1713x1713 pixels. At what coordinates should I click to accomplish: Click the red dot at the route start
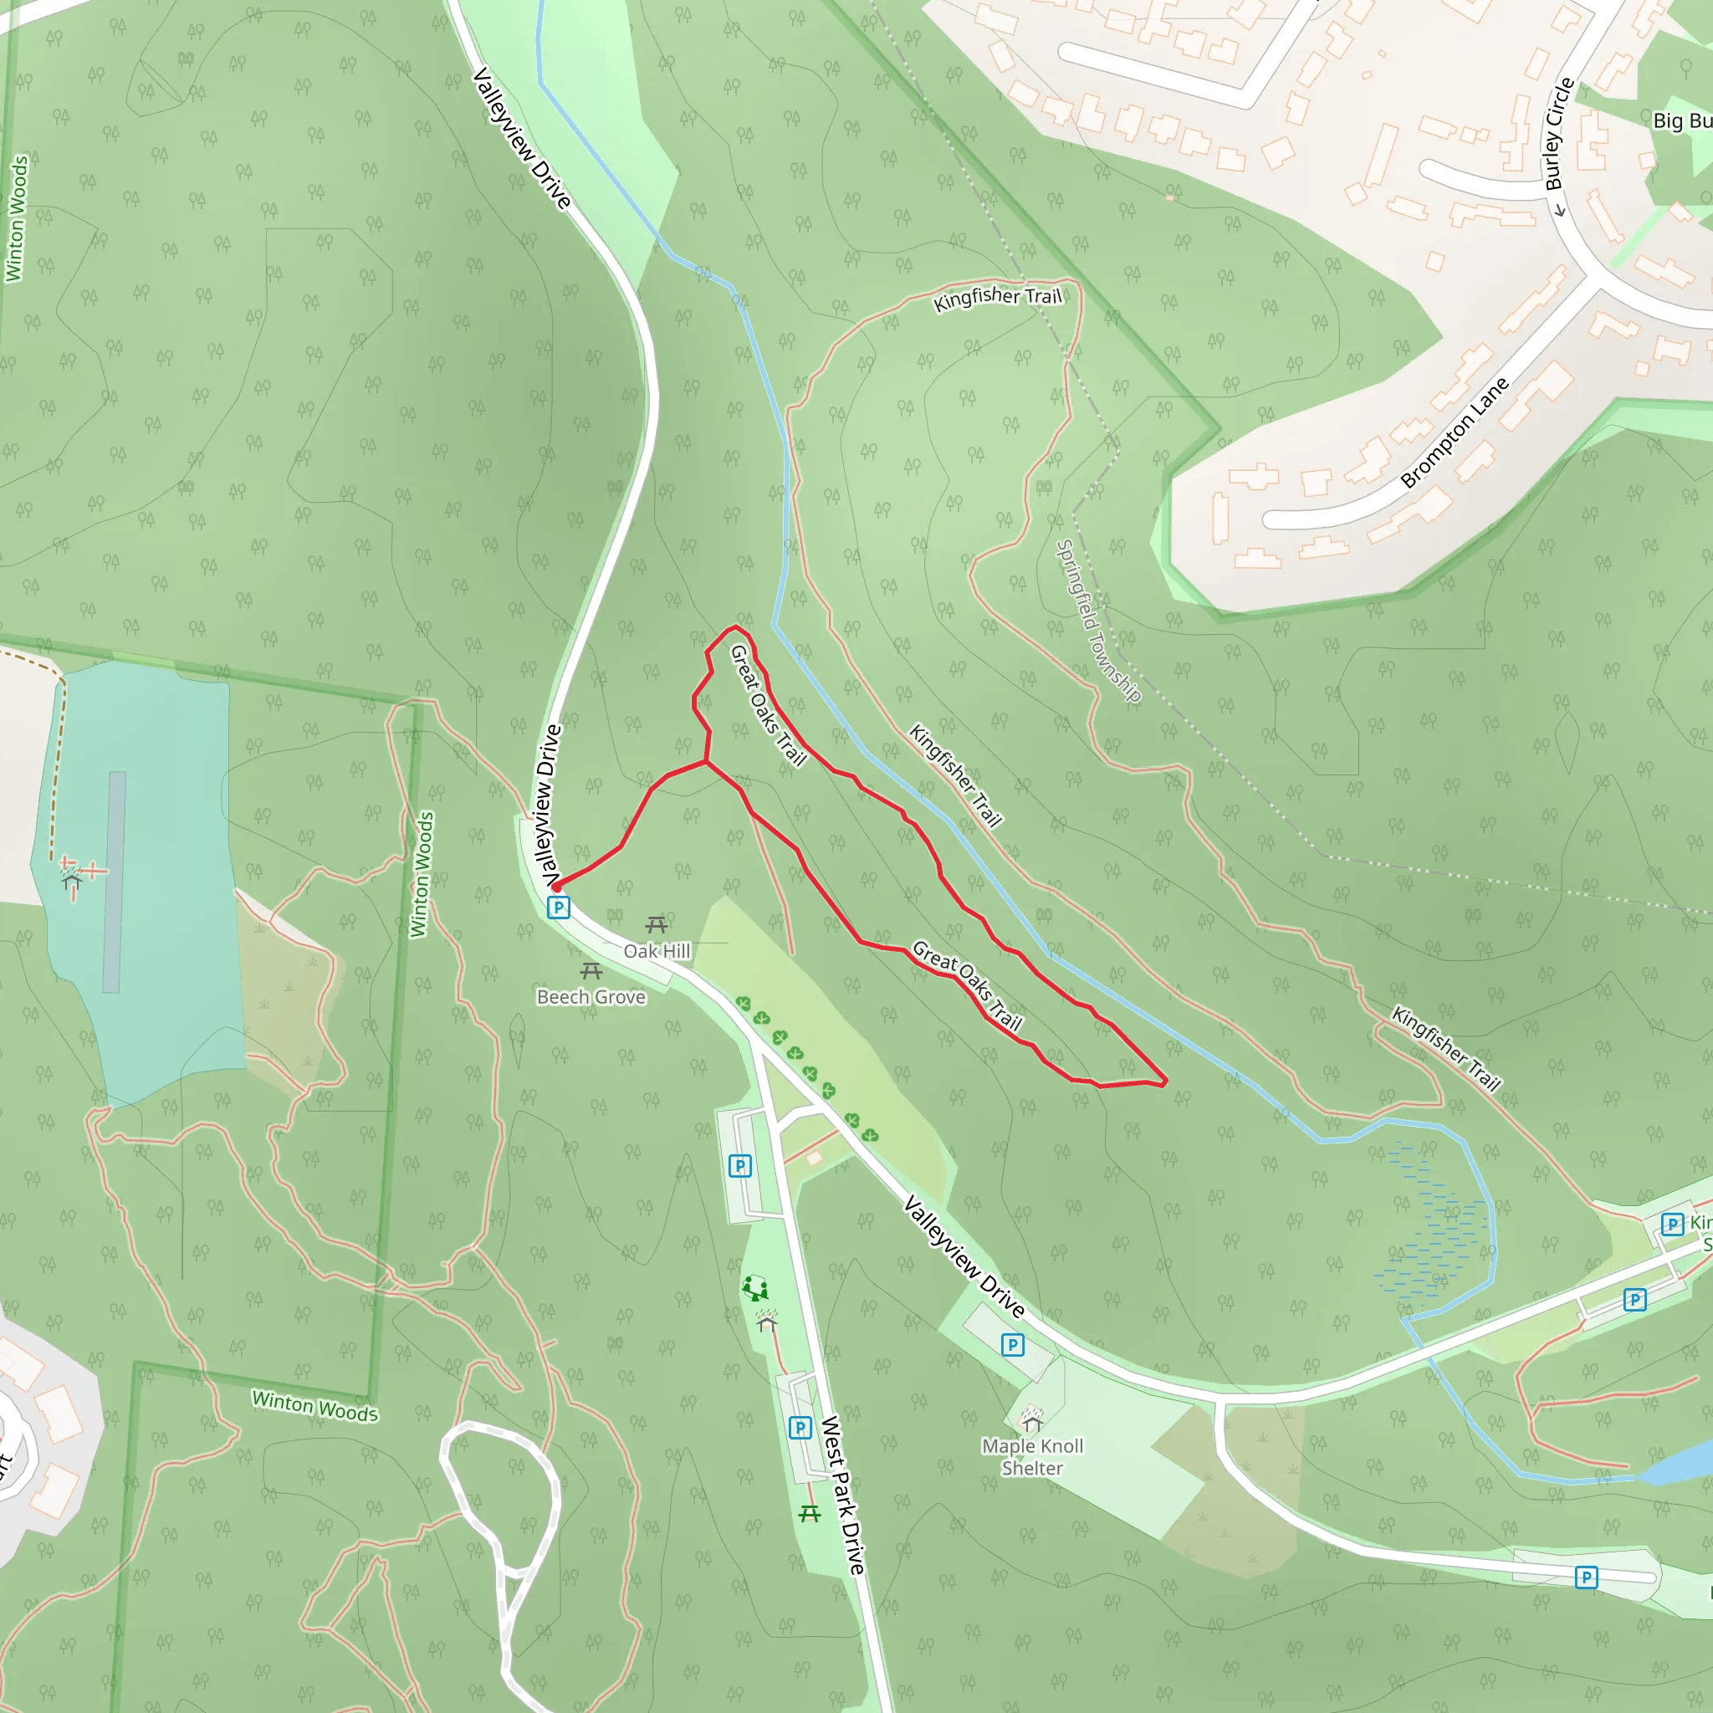point(556,886)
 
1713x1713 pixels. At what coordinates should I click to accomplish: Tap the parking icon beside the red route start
point(558,907)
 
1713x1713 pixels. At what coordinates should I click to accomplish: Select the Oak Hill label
point(656,951)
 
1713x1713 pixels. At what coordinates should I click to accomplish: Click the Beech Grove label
point(591,998)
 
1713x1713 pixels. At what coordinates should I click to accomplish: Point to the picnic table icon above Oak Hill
point(656,926)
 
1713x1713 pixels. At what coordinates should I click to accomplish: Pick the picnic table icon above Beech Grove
point(591,971)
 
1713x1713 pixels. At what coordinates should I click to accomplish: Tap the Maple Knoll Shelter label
point(1033,1458)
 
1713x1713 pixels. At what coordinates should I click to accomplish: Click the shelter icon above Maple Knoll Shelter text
point(1031,1419)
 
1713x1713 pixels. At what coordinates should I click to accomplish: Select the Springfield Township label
point(1097,621)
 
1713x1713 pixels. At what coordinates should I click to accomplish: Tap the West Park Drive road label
point(842,1495)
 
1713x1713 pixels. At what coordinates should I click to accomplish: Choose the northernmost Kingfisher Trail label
point(998,297)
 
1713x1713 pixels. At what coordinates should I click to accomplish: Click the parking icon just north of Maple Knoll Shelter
point(1013,1345)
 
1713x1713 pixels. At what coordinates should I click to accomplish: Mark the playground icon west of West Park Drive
point(754,1287)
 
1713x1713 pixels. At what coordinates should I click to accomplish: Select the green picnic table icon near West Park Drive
point(810,1513)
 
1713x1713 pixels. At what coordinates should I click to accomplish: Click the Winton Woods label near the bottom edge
point(314,1406)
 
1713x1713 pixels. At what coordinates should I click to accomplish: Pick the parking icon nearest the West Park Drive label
point(800,1428)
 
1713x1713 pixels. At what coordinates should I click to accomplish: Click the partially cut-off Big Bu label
point(1682,120)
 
